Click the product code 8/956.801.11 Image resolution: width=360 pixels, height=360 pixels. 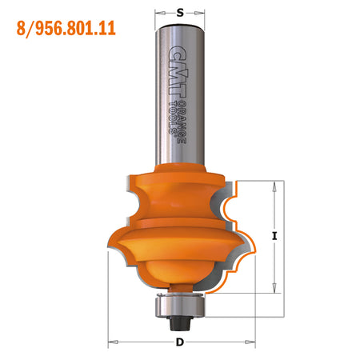[x=66, y=30]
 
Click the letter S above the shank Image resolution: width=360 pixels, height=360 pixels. [x=180, y=12]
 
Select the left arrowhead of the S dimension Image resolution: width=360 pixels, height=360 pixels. [x=158, y=12]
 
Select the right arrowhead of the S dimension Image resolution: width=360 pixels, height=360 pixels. [x=202, y=12]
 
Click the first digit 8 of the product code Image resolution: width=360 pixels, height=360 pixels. [x=20, y=30]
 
